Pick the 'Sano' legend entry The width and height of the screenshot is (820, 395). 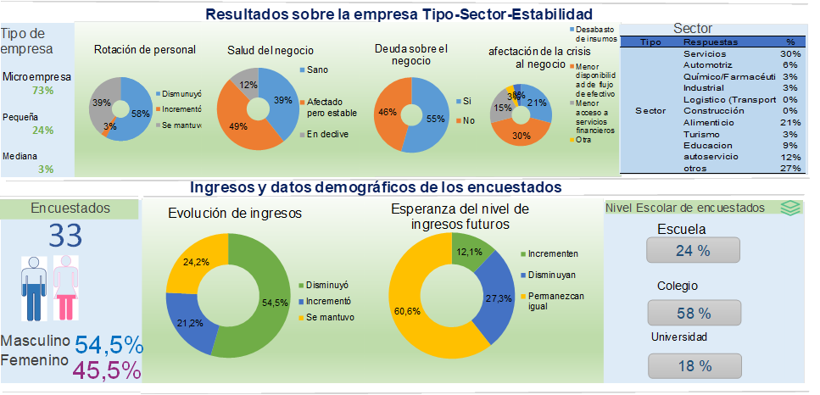(318, 70)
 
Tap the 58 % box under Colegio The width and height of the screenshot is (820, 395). (693, 313)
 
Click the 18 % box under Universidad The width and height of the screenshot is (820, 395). (693, 365)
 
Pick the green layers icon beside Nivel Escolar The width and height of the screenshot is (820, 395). (789, 208)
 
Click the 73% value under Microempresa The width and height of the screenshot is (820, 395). (42, 91)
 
